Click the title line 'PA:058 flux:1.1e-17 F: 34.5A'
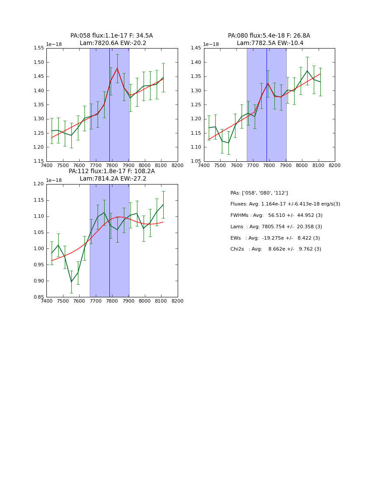pyautogui.click(x=112, y=36)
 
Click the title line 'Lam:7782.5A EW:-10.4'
pyautogui.click(x=270, y=43)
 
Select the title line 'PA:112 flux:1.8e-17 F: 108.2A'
pyautogui.click(x=112, y=171)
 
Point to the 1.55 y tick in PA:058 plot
pyautogui.click(x=39, y=49)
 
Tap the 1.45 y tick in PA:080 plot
pyautogui.click(x=196, y=49)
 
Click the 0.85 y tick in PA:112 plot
pyautogui.click(x=39, y=297)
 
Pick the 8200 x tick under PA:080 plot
pyautogui.click(x=335, y=166)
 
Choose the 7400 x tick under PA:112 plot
pyautogui.click(x=46, y=301)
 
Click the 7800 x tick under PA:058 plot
pyautogui.click(x=112, y=166)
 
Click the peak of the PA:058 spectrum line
pyautogui.click(x=117, y=68)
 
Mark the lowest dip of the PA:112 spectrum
pyautogui.click(x=71, y=282)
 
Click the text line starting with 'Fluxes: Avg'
pyautogui.click(x=285, y=204)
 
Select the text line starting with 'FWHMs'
pyautogui.click(x=276, y=216)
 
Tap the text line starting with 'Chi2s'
pyautogui.click(x=276, y=249)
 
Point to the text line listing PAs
pyautogui.click(x=259, y=193)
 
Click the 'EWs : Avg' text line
pyautogui.click(x=276, y=238)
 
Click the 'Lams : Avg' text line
pyautogui.click(x=276, y=227)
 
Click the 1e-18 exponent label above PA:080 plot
pyautogui.click(x=211, y=44)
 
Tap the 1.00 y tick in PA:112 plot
pyautogui.click(x=39, y=249)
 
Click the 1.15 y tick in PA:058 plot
pyautogui.click(x=39, y=161)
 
